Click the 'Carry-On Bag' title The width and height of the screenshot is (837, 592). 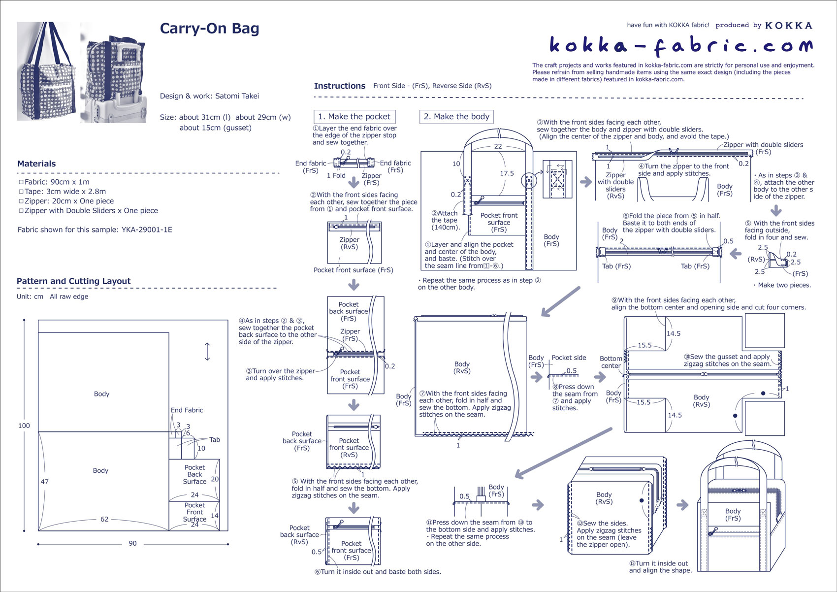(209, 29)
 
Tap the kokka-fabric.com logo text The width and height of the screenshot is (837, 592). (681, 46)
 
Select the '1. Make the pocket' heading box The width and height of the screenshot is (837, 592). (354, 117)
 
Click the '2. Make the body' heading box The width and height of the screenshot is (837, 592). (456, 117)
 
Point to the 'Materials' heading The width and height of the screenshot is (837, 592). (36, 164)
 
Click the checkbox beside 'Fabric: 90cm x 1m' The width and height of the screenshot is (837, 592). (21, 182)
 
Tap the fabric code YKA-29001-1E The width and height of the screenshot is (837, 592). (147, 230)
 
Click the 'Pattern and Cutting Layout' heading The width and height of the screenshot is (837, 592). (73, 281)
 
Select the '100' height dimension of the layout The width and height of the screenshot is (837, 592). (24, 426)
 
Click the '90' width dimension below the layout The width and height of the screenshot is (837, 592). (132, 544)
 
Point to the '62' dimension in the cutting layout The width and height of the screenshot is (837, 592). (104, 519)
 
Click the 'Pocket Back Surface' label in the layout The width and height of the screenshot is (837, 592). (194, 474)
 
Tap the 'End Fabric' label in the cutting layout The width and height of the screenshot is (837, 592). (187, 410)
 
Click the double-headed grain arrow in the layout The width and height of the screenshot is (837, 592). (207, 352)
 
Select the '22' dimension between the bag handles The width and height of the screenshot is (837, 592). (498, 146)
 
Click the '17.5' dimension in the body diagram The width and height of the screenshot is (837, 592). (507, 173)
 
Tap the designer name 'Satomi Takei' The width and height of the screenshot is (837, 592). (237, 96)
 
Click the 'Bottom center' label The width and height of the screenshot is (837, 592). (611, 362)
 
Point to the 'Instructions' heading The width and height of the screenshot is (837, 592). (339, 86)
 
